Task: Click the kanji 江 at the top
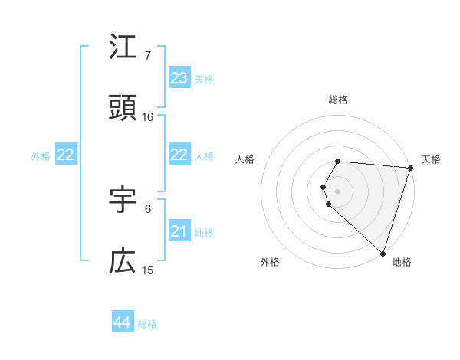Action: [x=123, y=47]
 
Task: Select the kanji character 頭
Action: [x=123, y=110]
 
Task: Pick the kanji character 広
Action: [x=123, y=262]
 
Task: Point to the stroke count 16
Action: [x=148, y=117]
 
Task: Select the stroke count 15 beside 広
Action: [x=148, y=270]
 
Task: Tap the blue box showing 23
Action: [x=179, y=77]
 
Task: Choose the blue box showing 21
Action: [x=179, y=231]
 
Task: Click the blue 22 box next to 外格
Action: [x=66, y=155]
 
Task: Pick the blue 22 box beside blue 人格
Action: [x=179, y=155]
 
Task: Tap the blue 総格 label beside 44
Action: [x=147, y=324]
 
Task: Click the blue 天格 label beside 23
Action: [x=204, y=79]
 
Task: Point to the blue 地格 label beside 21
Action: [x=204, y=232]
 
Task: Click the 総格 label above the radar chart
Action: [x=338, y=100]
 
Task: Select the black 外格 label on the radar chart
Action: [x=271, y=262]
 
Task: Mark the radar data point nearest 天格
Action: [x=411, y=168]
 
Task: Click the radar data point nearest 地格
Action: [x=383, y=253]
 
